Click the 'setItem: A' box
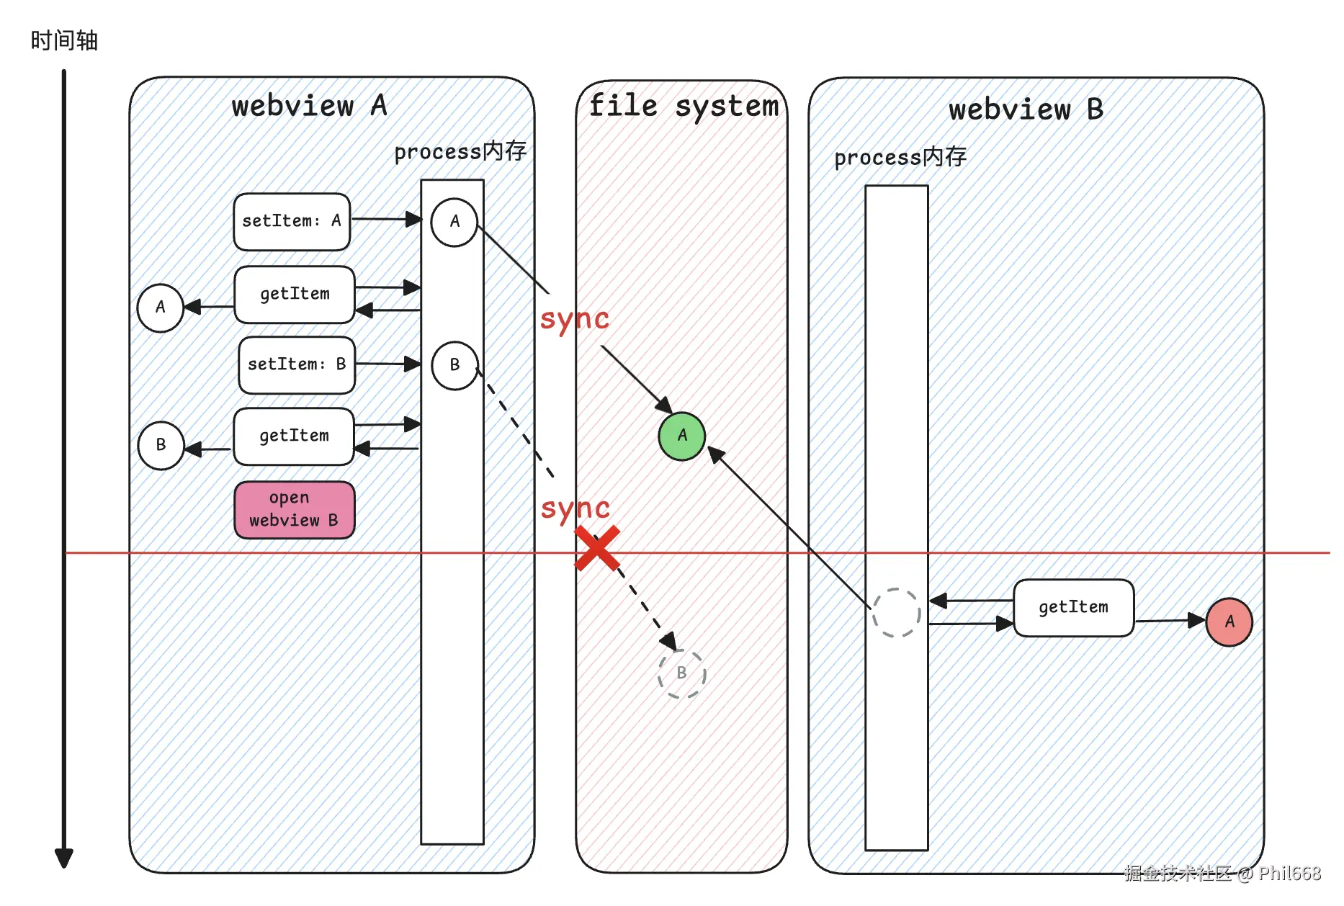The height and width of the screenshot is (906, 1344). [x=292, y=221]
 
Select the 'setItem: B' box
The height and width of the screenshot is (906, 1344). [x=297, y=364]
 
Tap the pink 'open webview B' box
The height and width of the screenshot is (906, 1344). [x=295, y=509]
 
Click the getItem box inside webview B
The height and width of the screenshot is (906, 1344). [x=1073, y=607]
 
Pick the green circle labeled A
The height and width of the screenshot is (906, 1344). [x=681, y=436]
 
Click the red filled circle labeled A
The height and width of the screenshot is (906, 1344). [x=1229, y=622]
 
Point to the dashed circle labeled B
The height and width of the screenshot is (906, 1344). [x=681, y=673]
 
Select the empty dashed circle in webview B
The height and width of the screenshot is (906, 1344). [x=896, y=612]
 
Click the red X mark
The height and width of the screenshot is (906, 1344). [x=597, y=548]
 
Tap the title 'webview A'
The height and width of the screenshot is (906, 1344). [x=309, y=106]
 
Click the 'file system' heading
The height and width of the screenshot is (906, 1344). [x=684, y=106]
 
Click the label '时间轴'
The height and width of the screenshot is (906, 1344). [x=64, y=40]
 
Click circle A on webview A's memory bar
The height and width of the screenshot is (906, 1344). [x=454, y=222]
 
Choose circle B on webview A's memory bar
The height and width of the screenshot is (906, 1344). [x=454, y=365]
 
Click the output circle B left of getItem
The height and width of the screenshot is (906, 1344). [x=161, y=445]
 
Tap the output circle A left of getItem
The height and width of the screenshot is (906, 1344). [x=160, y=308]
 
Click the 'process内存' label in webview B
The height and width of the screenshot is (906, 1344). [x=900, y=157]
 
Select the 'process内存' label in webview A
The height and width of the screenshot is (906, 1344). [x=460, y=151]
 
